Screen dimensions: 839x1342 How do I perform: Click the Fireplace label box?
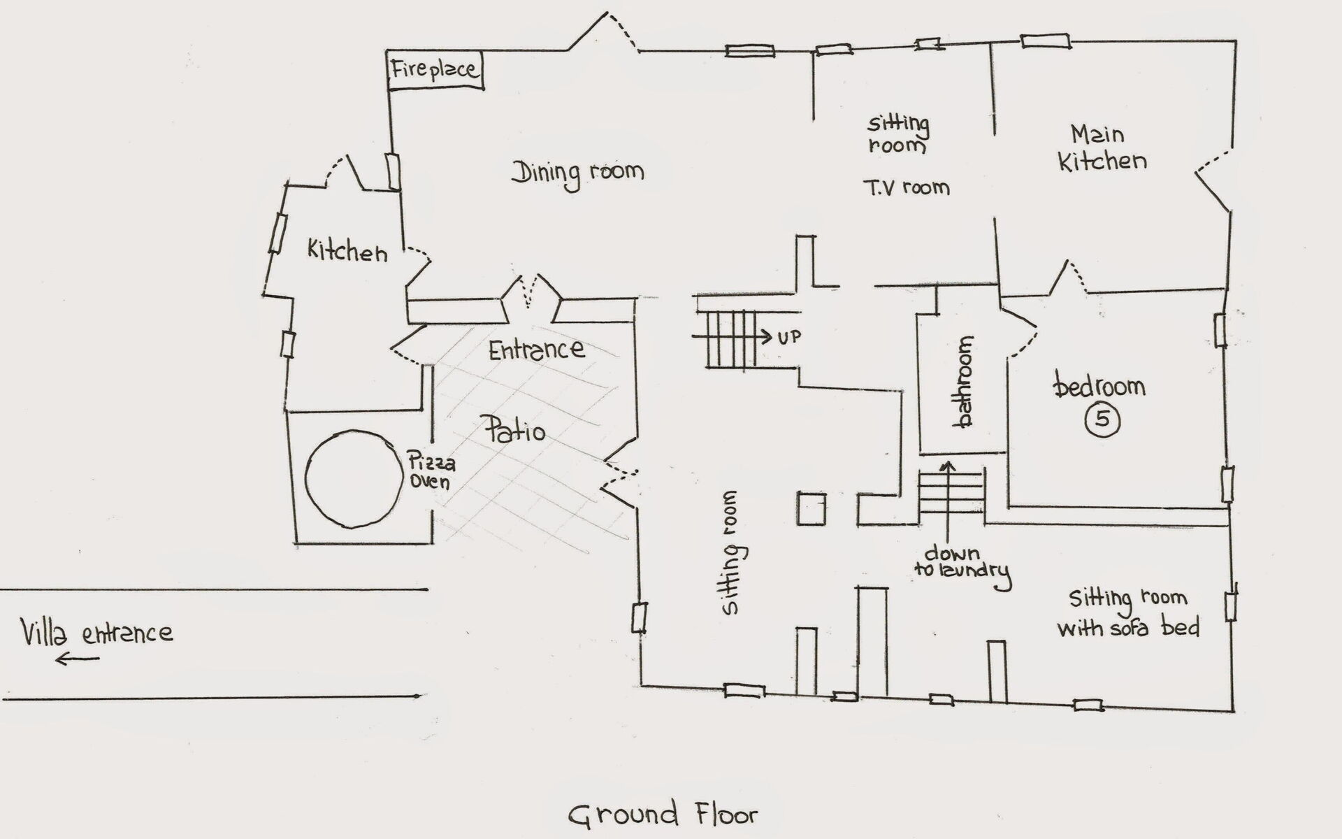(x=435, y=70)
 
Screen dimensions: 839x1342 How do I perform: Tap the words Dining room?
(x=577, y=172)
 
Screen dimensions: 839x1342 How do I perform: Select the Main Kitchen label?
(x=1101, y=148)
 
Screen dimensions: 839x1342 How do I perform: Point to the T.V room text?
(x=906, y=187)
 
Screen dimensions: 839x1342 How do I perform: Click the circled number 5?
(x=1102, y=419)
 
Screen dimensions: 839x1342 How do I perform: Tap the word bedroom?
(x=1099, y=387)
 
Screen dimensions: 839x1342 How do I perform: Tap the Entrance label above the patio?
(x=537, y=349)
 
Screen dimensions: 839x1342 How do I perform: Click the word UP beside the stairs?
(x=789, y=337)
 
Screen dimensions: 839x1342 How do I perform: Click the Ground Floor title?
(x=662, y=815)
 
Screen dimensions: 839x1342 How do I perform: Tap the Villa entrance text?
(x=96, y=633)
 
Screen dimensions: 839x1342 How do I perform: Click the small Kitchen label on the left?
(x=347, y=250)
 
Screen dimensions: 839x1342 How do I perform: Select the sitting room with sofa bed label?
(x=1127, y=612)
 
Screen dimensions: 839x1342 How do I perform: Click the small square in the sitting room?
(x=811, y=508)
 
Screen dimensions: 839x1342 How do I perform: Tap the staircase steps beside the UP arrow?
(x=732, y=339)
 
